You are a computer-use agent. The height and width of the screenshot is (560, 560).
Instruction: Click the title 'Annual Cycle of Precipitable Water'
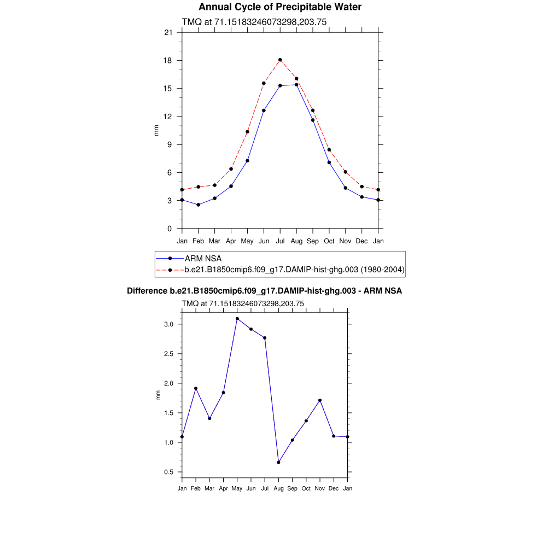click(279, 7)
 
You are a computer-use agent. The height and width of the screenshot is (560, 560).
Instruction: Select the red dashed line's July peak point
click(280, 60)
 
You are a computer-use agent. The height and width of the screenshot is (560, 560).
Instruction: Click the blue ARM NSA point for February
click(199, 205)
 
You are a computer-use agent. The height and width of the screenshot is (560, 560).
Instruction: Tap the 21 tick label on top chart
click(168, 33)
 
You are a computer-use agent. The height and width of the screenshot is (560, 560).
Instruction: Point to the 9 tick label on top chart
click(170, 144)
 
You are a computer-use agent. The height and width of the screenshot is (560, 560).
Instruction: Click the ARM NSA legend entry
click(203, 258)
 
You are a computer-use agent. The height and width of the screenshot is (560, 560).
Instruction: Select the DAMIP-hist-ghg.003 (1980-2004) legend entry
click(294, 270)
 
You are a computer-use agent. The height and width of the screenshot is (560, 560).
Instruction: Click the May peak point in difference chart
click(237, 318)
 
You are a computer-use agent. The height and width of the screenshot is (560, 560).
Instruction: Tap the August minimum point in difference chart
click(278, 463)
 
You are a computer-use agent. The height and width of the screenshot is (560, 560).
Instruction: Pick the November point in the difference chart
click(320, 400)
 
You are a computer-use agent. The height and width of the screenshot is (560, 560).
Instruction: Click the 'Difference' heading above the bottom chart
click(264, 291)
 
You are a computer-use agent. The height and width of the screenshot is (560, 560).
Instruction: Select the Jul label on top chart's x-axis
click(280, 241)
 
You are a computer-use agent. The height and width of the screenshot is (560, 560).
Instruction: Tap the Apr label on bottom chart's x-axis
click(223, 488)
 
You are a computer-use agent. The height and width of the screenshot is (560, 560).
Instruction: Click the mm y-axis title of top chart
click(156, 130)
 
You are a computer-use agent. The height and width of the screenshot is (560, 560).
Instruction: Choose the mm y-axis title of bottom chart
click(159, 395)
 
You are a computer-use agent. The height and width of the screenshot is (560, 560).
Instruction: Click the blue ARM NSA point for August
click(296, 84)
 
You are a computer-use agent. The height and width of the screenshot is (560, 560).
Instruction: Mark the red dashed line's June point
click(264, 83)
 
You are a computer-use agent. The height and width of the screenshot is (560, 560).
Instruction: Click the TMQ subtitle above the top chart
click(254, 22)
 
